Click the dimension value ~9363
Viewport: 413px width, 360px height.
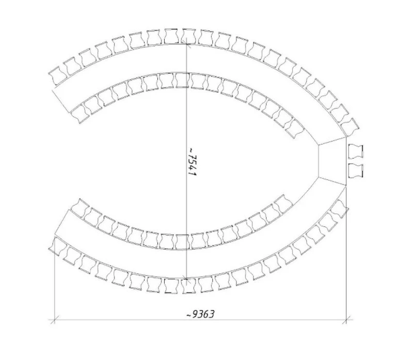(x=200, y=314)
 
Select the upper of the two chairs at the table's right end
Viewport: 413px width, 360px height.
(x=356, y=151)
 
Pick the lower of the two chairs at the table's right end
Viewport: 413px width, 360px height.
(x=356, y=170)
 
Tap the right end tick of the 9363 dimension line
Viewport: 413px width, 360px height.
(x=346, y=320)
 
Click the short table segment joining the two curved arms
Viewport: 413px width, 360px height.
(x=332, y=161)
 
